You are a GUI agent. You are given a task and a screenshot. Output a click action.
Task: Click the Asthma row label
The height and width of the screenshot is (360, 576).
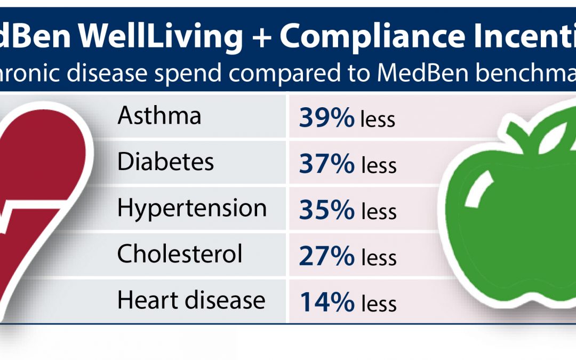(x=159, y=116)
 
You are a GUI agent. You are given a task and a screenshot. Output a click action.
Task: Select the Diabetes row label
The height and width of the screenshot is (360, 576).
(x=165, y=162)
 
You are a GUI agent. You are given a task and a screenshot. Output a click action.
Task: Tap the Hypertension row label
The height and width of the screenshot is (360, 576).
(x=192, y=208)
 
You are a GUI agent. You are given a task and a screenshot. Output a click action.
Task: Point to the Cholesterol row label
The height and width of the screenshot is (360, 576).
(x=180, y=254)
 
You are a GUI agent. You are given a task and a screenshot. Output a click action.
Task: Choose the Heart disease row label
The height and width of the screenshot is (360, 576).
(x=191, y=300)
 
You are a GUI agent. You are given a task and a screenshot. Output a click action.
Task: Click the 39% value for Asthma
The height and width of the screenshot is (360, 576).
(x=326, y=118)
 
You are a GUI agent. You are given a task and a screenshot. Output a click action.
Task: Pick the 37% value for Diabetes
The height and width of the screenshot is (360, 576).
(x=326, y=164)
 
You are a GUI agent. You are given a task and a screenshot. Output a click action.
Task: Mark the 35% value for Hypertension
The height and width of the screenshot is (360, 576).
(x=326, y=210)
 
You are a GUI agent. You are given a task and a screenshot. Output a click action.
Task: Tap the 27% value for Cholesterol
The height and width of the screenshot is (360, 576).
(x=326, y=257)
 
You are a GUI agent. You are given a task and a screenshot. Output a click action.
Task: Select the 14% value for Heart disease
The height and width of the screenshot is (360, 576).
(x=326, y=302)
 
